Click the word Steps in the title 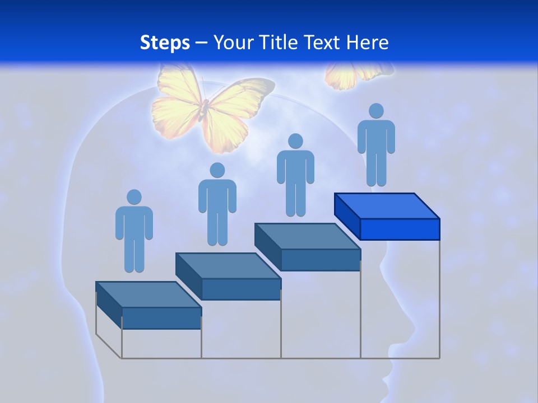(x=165, y=43)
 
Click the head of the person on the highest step (x=376, y=111)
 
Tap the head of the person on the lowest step (x=134, y=197)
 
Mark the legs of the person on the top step (x=376, y=168)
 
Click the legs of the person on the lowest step (x=134, y=255)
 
